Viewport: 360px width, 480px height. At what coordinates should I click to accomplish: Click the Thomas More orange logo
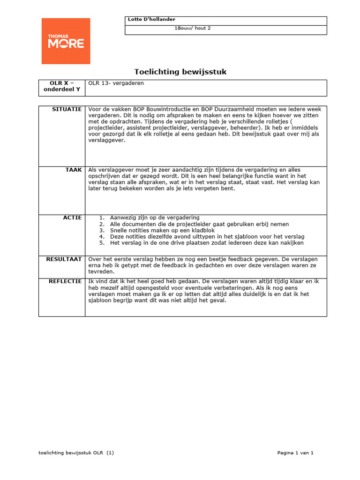pos(66,41)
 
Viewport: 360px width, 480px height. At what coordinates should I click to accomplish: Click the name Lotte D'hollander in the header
pos(151,19)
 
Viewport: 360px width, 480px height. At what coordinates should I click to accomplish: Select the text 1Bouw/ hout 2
pos(193,28)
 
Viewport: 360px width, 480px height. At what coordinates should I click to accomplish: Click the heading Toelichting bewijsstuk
pos(180,72)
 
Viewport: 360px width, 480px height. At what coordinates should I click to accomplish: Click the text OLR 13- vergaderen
pos(116,83)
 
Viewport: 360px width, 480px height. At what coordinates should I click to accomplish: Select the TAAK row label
pos(74,170)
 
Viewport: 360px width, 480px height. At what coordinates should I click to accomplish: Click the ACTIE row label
pos(73,217)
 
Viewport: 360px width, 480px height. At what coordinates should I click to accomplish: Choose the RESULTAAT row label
pos(64,259)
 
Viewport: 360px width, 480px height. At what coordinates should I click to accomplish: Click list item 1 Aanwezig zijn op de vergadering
pos(154,217)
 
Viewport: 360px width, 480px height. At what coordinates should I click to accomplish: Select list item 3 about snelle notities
pos(162,230)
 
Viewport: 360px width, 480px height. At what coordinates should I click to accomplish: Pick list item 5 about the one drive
pos(206,243)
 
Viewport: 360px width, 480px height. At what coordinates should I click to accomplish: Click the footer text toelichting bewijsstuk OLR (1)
pos(76,453)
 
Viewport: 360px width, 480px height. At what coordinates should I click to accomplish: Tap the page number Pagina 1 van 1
pos(295,453)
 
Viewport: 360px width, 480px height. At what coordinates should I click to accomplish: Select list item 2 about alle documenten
pos(199,224)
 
